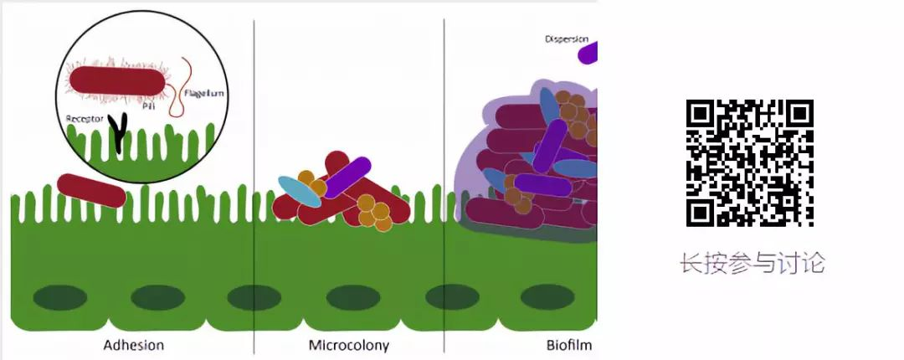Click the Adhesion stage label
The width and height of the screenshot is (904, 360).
click(133, 345)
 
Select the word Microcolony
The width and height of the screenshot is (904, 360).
click(348, 345)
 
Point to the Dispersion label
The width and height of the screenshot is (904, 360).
click(567, 39)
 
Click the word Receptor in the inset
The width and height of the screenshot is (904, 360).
click(85, 119)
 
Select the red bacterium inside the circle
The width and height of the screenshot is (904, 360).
click(117, 80)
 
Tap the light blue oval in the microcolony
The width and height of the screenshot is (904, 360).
click(300, 191)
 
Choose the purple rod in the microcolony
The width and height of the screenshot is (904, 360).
click(347, 177)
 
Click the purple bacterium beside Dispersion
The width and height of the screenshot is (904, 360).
click(588, 53)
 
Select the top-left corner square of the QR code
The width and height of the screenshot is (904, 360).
click(701, 114)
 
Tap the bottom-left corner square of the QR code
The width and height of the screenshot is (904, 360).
click(701, 213)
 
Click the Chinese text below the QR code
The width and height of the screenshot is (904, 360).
click(752, 263)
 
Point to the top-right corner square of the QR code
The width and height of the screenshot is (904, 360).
click(799, 114)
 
